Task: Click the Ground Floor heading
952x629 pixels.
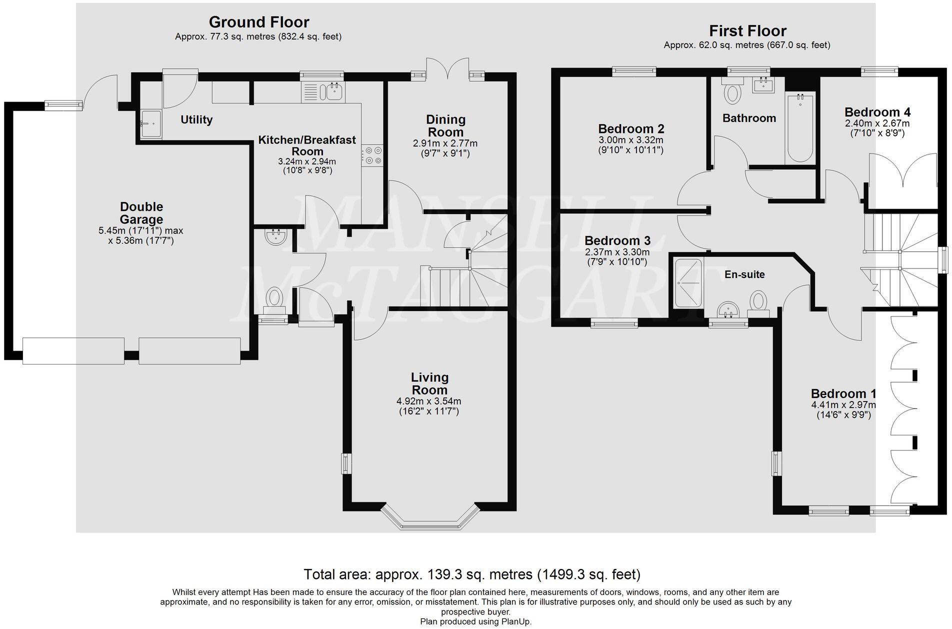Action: tap(258, 22)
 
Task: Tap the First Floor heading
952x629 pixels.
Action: tap(747, 31)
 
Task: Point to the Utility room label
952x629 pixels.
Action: tap(196, 119)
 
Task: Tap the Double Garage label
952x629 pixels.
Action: tap(141, 213)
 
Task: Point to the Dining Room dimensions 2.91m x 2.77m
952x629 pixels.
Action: tap(445, 143)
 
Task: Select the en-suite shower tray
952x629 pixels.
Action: tap(688, 282)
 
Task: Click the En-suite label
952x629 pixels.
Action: tap(744, 274)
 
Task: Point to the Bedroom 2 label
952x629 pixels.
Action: tap(631, 129)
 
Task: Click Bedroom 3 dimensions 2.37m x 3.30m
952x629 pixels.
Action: tap(617, 252)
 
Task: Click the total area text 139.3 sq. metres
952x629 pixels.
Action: tap(471, 574)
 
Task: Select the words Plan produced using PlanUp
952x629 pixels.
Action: tap(475, 622)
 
